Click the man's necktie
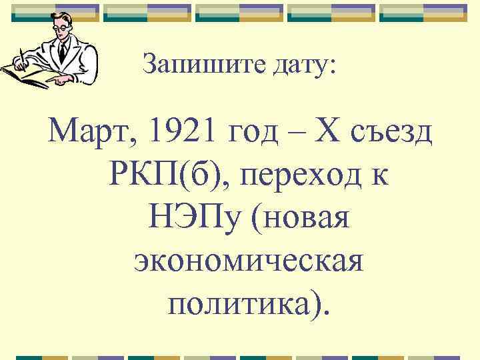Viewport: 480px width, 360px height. coord(62,51)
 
